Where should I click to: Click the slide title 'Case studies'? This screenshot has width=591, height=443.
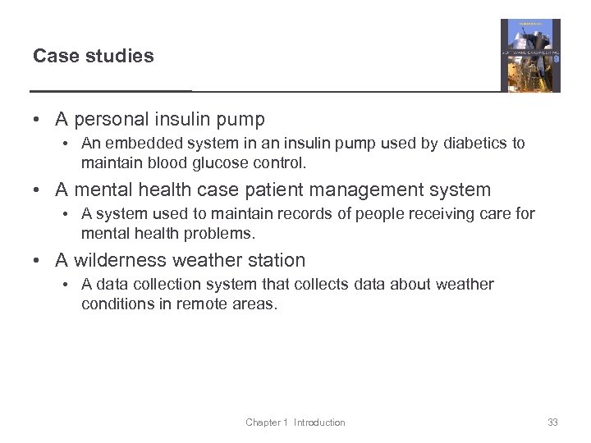coord(94,56)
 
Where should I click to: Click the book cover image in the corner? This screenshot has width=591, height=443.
coord(530,55)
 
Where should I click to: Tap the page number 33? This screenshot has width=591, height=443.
coord(552,422)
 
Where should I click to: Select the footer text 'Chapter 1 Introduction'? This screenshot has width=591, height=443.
coord(295,422)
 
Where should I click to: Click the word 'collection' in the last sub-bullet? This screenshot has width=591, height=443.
coord(167,285)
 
